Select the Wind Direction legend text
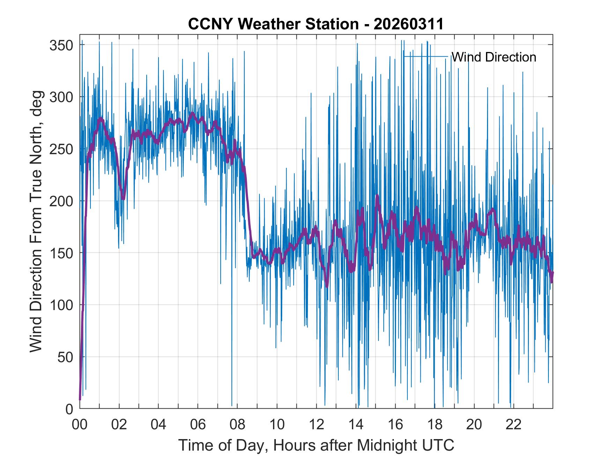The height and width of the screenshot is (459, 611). coord(494,57)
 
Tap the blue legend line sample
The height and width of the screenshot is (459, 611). coord(426,56)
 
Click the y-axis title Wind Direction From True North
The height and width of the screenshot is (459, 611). coord(36,221)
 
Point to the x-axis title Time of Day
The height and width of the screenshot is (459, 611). coord(316,445)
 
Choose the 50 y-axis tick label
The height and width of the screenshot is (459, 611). coord(65,357)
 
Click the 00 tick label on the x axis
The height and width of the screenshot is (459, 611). coord(80,425)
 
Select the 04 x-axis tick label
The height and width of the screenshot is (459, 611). coord(159,425)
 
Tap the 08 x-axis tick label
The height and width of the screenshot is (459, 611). coord(237,425)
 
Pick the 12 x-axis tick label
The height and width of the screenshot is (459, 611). coord(316,425)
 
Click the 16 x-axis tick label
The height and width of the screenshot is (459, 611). coord(395,425)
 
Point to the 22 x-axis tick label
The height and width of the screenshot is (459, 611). coord(514,425)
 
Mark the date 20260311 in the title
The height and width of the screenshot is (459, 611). coord(408,24)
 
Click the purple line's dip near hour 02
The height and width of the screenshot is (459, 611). coord(123,198)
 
